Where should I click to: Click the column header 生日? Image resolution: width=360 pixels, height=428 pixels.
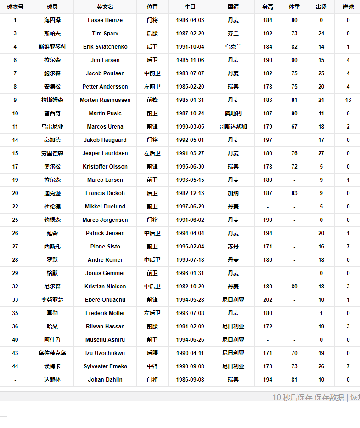tap(190, 7)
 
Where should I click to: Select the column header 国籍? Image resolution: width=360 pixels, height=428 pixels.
tap(233, 7)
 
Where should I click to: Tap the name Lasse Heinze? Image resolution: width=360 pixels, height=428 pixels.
tap(105, 20)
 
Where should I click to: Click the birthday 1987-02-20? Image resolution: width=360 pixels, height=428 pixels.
tap(190, 34)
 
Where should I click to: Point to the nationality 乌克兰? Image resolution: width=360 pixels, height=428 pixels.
tap(233, 47)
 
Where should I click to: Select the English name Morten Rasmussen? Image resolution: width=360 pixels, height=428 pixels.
tap(105, 100)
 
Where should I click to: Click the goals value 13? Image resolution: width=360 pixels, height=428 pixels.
tap(348, 100)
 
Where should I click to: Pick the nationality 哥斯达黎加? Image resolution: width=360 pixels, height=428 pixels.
tap(233, 127)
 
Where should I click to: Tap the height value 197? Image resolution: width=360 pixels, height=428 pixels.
tap(268, 140)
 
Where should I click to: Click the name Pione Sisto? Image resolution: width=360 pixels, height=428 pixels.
tap(105, 247)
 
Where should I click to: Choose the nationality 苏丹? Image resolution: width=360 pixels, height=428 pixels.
tap(233, 247)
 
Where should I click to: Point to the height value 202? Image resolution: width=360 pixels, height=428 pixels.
tap(268, 300)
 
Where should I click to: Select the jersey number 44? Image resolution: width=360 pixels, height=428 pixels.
tap(15, 366)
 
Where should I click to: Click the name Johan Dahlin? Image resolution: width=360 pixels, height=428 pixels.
tap(105, 380)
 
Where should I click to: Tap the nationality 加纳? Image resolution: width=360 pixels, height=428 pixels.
tap(233, 193)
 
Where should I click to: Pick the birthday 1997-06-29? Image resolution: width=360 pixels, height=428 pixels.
tap(190, 207)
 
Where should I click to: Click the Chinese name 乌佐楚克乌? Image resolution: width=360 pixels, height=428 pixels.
tap(52, 353)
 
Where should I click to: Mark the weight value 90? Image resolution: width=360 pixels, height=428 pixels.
tap(294, 60)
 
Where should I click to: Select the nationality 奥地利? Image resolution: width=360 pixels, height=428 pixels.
tap(233, 113)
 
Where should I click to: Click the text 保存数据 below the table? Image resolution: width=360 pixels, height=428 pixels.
tap(329, 397)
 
